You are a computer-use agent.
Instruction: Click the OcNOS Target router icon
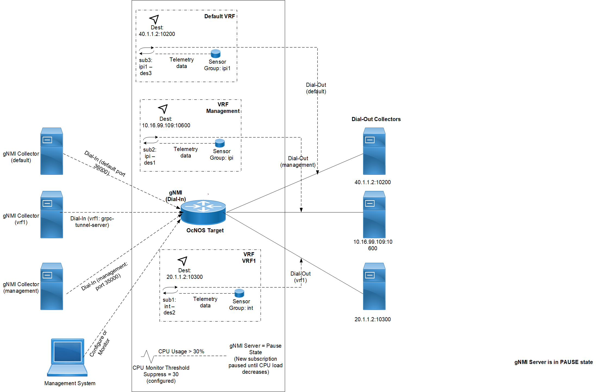[203, 212]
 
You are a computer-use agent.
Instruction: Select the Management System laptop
[67, 357]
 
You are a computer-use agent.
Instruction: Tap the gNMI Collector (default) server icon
[52, 151]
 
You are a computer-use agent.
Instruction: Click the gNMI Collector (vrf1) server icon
[52, 214]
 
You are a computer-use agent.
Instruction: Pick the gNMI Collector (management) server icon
[52, 286]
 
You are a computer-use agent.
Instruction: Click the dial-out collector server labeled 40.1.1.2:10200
[374, 151]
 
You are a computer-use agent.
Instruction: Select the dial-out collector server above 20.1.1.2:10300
[374, 286]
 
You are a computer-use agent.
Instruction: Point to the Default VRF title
[220, 16]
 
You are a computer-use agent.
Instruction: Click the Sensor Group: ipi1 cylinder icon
[216, 54]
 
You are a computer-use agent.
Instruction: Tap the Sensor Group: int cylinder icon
[239, 293]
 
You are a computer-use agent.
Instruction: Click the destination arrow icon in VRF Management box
[163, 109]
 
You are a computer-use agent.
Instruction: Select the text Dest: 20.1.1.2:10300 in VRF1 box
[185, 274]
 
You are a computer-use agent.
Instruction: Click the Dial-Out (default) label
[316, 88]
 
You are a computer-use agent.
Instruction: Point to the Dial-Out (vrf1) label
[301, 277]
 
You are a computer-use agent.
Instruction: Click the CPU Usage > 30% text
[181, 351]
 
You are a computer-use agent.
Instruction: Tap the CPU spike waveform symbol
[148, 356]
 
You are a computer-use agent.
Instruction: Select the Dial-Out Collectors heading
[376, 119]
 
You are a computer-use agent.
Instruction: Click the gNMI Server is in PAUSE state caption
[554, 362]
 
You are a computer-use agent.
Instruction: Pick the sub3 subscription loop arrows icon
[146, 51]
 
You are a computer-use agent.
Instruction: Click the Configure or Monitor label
[99, 343]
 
